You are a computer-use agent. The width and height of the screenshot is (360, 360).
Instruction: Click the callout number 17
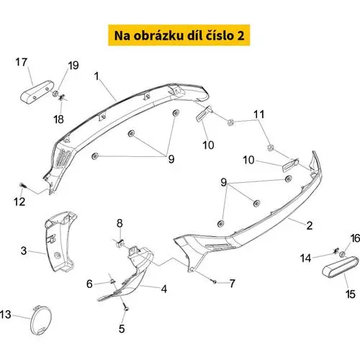(x=22, y=63)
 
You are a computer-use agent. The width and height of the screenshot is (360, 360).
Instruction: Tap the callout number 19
(x=73, y=66)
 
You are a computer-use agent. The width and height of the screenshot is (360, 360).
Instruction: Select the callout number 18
(x=59, y=120)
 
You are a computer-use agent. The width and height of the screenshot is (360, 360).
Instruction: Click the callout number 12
(x=19, y=202)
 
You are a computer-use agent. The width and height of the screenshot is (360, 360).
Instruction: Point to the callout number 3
(x=24, y=251)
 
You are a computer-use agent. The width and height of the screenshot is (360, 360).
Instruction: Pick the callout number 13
(x=6, y=315)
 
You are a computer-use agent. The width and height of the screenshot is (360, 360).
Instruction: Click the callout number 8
(x=120, y=223)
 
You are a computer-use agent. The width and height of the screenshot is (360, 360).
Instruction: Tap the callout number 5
(x=122, y=328)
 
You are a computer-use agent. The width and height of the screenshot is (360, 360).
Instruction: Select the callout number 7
(x=232, y=284)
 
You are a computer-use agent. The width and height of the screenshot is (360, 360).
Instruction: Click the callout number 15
(x=350, y=294)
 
